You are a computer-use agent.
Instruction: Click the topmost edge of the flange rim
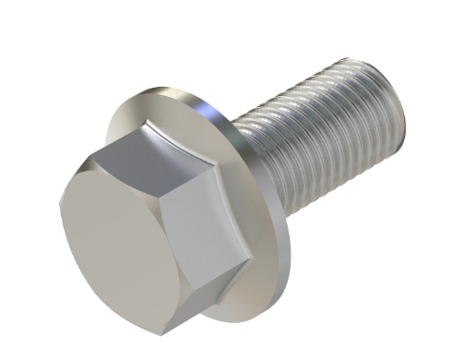[171, 88]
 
